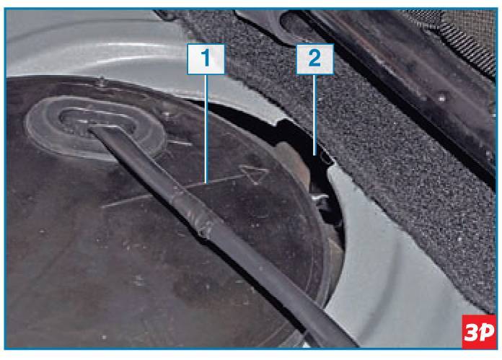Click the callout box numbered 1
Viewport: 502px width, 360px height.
(x=206, y=59)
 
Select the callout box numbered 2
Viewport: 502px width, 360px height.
(x=315, y=59)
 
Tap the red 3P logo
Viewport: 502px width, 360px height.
(x=479, y=332)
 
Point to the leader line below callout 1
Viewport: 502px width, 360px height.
(x=206, y=129)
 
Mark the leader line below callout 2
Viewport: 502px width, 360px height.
(x=315, y=115)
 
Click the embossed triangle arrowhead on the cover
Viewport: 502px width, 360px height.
(x=254, y=174)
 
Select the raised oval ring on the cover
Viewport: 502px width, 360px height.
(x=95, y=128)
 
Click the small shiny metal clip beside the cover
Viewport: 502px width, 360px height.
(x=320, y=198)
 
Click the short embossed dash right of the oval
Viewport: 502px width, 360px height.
(x=180, y=143)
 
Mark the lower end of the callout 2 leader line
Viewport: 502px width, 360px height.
(x=315, y=154)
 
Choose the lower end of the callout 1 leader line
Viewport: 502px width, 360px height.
(x=206, y=183)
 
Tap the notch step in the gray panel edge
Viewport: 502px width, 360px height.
(x=279, y=122)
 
